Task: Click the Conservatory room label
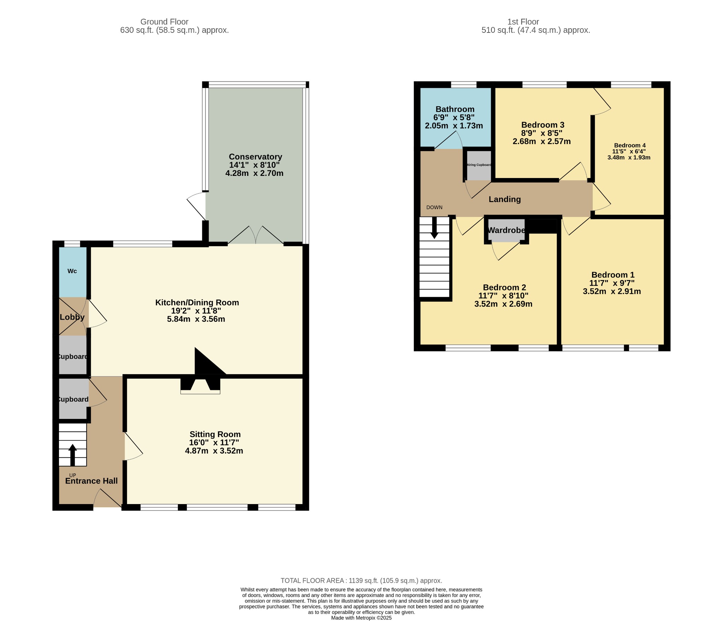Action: coord(255,156)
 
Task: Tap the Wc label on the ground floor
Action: coord(72,271)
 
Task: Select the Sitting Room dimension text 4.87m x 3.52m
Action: coord(214,451)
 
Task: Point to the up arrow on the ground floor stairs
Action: coord(72,455)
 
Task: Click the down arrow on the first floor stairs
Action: coord(434,227)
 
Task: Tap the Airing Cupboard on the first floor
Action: coord(479,165)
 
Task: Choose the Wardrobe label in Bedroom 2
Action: coord(506,230)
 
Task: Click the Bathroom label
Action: coord(455,109)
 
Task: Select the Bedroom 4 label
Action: coord(630,145)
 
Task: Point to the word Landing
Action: coord(504,199)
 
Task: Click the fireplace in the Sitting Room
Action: coord(200,386)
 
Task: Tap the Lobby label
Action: coord(72,317)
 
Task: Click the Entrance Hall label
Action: coord(91,481)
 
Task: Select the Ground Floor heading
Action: coord(165,22)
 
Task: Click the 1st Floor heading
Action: coord(523,22)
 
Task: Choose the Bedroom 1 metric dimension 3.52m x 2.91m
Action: coord(612,291)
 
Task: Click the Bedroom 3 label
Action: coord(543,125)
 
